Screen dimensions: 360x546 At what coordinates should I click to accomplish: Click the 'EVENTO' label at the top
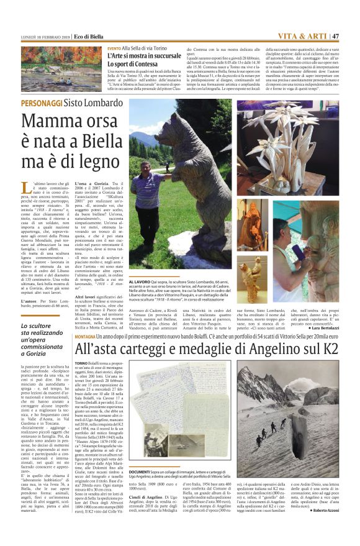click(x=114, y=48)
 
